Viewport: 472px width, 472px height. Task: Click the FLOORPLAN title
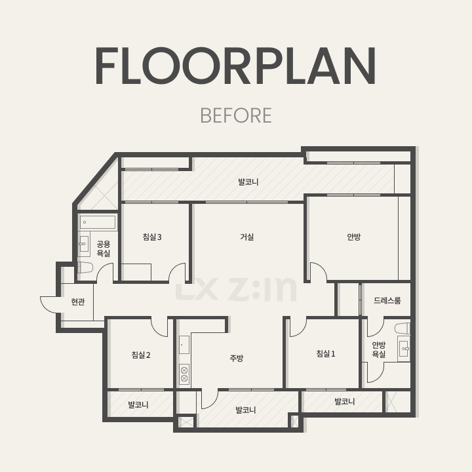pos(236,66)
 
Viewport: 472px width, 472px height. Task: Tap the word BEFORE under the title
pos(236,115)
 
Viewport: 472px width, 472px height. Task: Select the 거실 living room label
pos(247,237)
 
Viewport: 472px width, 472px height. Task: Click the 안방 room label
pos(354,237)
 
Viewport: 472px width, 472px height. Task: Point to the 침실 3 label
pos(152,237)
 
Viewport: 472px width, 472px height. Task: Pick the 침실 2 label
pos(141,355)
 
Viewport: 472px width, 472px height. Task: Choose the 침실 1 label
pos(326,353)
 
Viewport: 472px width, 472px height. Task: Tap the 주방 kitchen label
pos(236,358)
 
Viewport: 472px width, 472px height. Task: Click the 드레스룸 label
pos(387,300)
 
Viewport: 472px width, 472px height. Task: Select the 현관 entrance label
pos(78,302)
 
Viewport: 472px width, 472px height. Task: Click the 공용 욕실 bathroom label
pos(104,248)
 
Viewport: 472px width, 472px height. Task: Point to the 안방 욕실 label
pos(379,349)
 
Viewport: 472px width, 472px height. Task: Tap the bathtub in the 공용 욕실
pos(98,222)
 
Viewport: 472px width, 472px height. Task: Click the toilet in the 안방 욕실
pos(403,328)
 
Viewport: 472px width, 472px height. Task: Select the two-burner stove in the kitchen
pos(184,374)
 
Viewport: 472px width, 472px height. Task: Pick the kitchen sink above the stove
pos(184,345)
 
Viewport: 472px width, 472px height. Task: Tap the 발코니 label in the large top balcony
pos(248,182)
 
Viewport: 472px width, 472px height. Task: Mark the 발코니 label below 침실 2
pos(138,405)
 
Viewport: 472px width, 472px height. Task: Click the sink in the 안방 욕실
pos(404,349)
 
